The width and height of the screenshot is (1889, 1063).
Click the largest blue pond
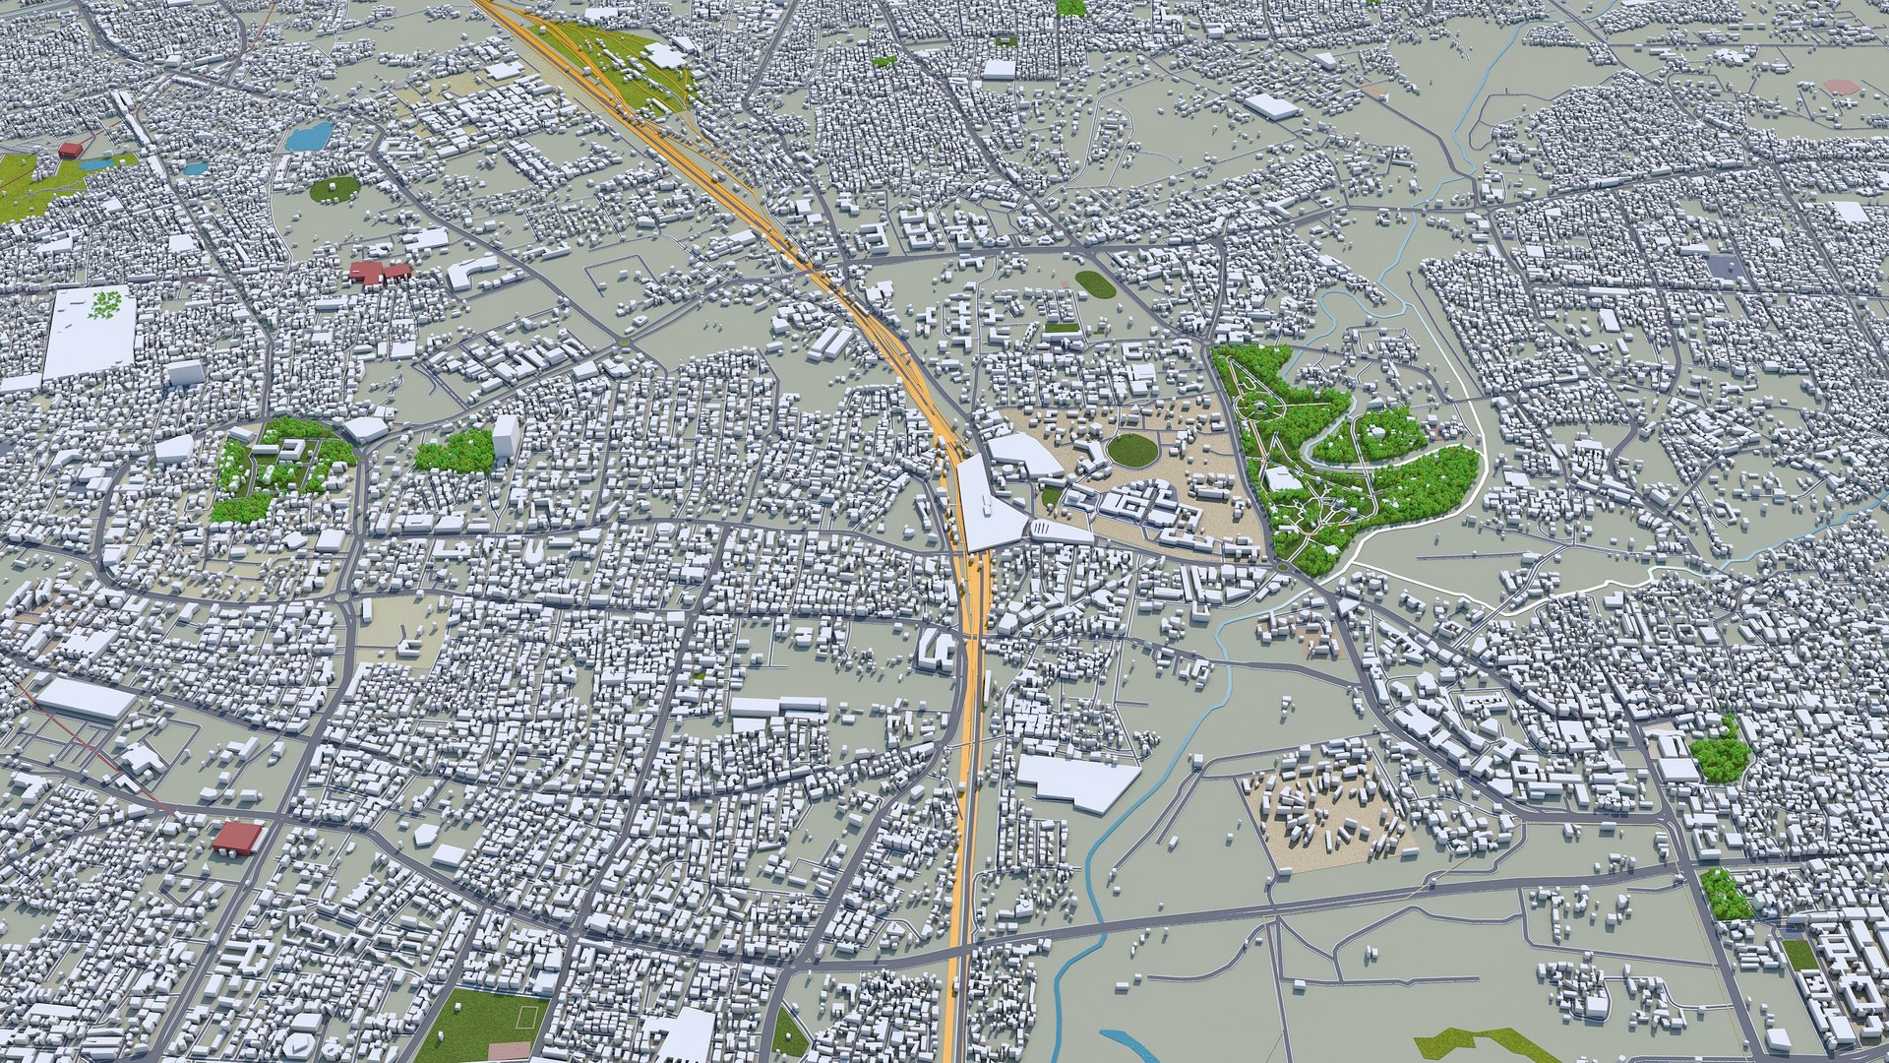pos(309,136)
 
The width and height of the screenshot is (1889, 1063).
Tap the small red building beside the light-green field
pos(70,150)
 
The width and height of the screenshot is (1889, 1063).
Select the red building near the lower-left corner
pos(237,838)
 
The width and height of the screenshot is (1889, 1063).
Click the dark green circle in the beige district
pos(1132,450)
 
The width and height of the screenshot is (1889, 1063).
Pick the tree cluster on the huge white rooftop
pos(104,304)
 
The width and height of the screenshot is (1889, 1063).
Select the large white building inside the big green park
pos(1282,478)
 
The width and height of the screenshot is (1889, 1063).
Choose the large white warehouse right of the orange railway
pos(1077,780)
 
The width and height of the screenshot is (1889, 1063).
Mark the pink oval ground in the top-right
pos(1840,87)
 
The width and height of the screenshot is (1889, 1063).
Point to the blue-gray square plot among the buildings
pos(1723,264)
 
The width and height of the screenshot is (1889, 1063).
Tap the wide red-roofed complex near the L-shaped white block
pos(378,272)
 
